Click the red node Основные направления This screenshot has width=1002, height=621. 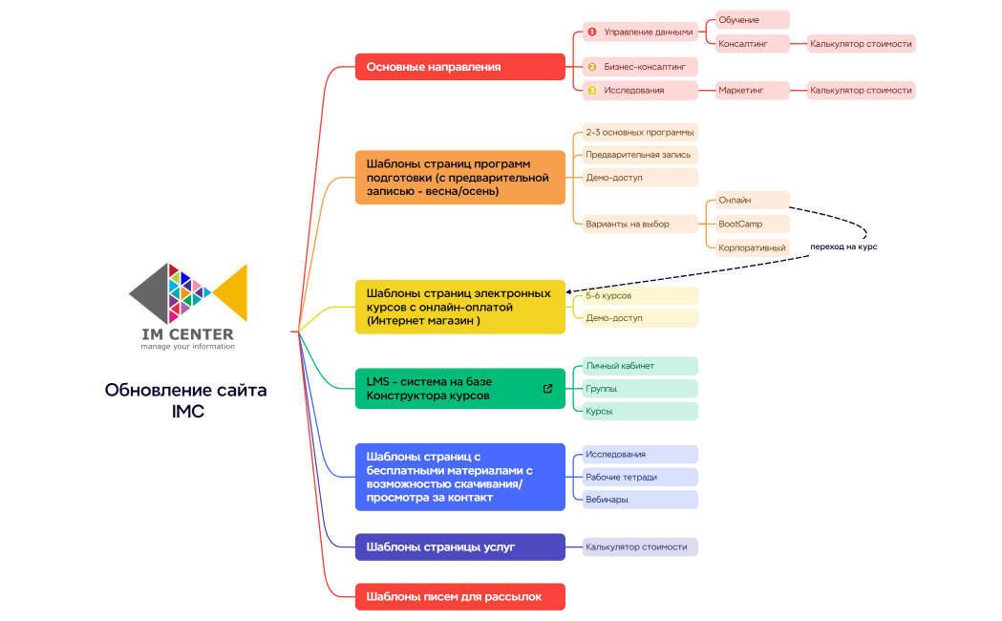tap(459, 67)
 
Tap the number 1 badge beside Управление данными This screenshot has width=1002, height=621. tap(591, 32)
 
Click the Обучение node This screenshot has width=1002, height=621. tap(752, 20)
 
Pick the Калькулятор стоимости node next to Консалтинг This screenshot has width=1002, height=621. tap(861, 43)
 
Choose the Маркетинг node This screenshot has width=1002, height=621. tap(752, 90)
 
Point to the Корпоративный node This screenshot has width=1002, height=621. tap(752, 246)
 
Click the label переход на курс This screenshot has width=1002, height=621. tap(842, 246)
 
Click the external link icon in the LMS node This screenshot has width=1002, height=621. tap(547, 389)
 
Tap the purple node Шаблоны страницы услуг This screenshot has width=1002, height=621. tap(459, 546)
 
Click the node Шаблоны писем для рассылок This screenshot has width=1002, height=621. tap(459, 596)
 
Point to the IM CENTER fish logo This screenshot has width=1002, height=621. tap(188, 294)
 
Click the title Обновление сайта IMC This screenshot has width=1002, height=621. tap(186, 400)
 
